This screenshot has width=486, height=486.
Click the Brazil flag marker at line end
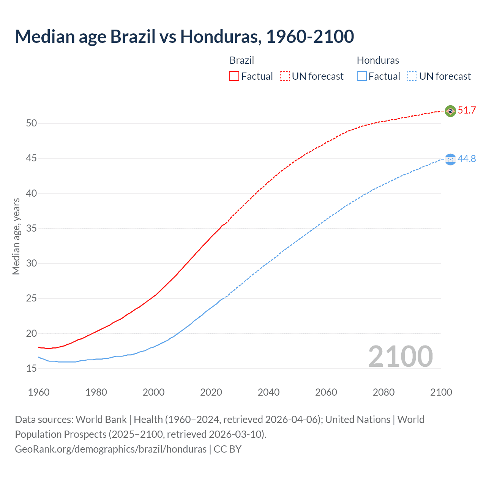(x=450, y=111)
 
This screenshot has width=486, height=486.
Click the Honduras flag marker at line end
(x=450, y=159)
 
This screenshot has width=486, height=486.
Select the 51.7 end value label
(x=467, y=110)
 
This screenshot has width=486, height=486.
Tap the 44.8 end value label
(x=467, y=159)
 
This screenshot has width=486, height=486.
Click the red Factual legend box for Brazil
(x=234, y=76)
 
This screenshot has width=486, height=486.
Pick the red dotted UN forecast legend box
(x=285, y=76)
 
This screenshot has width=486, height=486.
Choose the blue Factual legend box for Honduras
(x=362, y=76)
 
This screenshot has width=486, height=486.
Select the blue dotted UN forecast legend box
(x=412, y=76)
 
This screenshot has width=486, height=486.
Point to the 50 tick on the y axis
(x=32, y=123)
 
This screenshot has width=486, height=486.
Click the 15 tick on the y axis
(x=32, y=368)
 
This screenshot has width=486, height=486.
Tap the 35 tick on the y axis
(x=32, y=228)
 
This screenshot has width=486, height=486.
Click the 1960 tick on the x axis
(x=39, y=392)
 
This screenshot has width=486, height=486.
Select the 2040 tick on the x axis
(x=268, y=392)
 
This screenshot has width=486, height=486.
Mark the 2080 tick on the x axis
(x=383, y=392)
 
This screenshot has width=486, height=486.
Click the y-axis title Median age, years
(x=16, y=236)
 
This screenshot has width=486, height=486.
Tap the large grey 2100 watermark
(x=401, y=357)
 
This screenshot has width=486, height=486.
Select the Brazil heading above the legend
(x=242, y=60)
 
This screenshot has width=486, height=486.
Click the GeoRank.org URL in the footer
(x=110, y=449)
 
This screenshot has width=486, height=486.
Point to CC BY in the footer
(x=227, y=449)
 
